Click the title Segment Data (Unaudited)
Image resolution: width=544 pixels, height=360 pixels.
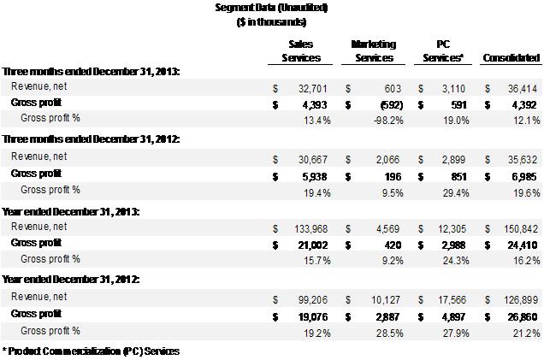coord(271,8)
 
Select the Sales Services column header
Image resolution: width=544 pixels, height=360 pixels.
coord(301,50)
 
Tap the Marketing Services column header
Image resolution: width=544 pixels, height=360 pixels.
coord(372,50)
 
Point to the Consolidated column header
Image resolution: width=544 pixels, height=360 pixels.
coord(511,58)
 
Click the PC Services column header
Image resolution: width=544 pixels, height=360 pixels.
coord(443,50)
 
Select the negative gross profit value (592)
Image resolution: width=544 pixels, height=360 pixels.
coord(380,103)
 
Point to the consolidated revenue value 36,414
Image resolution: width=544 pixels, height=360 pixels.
coord(523,88)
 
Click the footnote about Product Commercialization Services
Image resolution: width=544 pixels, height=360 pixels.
coord(92,351)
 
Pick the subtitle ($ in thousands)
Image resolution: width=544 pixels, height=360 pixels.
coord(271,21)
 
